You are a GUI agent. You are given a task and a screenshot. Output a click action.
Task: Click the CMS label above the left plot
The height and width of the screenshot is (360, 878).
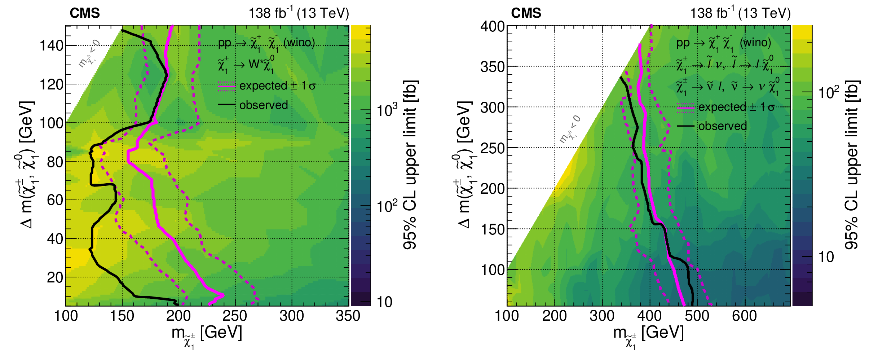(85, 13)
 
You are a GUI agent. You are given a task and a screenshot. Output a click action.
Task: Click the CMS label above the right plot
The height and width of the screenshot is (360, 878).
(526, 13)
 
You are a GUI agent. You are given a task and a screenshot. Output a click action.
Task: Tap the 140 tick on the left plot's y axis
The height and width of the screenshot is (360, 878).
(51, 46)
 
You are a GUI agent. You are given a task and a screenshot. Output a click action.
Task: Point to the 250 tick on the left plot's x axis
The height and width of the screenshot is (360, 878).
(235, 316)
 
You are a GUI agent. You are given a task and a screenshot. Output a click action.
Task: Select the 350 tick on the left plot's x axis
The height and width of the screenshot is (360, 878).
(348, 316)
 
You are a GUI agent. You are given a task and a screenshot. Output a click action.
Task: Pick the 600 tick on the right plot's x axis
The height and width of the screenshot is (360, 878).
(744, 316)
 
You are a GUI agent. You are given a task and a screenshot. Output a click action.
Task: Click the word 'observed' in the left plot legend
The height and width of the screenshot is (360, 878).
(264, 105)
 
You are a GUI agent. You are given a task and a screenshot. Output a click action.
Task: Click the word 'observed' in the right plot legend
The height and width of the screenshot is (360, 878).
(723, 126)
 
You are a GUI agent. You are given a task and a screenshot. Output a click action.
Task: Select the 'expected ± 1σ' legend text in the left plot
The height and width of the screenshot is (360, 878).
(277, 86)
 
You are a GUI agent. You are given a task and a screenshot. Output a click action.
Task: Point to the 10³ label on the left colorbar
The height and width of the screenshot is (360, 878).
(387, 109)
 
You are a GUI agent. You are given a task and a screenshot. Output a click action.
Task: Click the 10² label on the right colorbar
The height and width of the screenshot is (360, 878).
(829, 92)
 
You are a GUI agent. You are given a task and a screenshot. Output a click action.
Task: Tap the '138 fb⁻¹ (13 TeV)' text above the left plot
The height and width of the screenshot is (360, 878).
(299, 13)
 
